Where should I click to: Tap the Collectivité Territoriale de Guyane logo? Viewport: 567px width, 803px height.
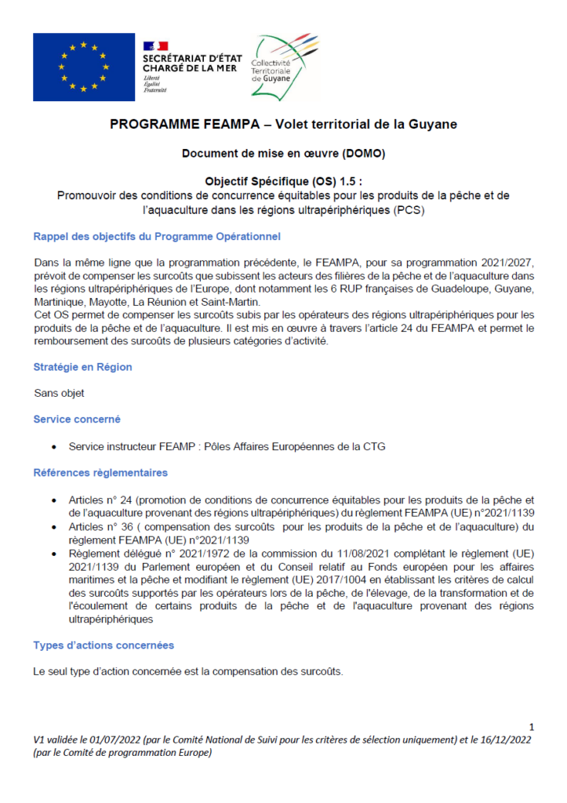[285, 67]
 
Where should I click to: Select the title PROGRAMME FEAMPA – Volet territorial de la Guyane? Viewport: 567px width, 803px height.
[283, 125]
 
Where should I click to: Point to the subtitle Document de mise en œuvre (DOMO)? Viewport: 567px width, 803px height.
[283, 154]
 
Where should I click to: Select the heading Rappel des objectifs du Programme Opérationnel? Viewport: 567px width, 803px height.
[157, 237]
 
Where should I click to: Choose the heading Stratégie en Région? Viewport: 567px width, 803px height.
[82, 366]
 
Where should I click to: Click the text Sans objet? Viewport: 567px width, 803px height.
[59, 393]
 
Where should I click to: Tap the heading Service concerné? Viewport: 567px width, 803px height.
[77, 420]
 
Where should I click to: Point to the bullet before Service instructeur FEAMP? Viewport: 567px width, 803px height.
[53, 447]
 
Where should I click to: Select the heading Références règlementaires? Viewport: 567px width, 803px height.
[100, 473]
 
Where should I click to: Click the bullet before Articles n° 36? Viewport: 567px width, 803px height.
[53, 527]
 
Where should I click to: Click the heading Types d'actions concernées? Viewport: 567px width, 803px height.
[104, 645]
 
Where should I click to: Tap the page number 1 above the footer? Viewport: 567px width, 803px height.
[532, 726]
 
